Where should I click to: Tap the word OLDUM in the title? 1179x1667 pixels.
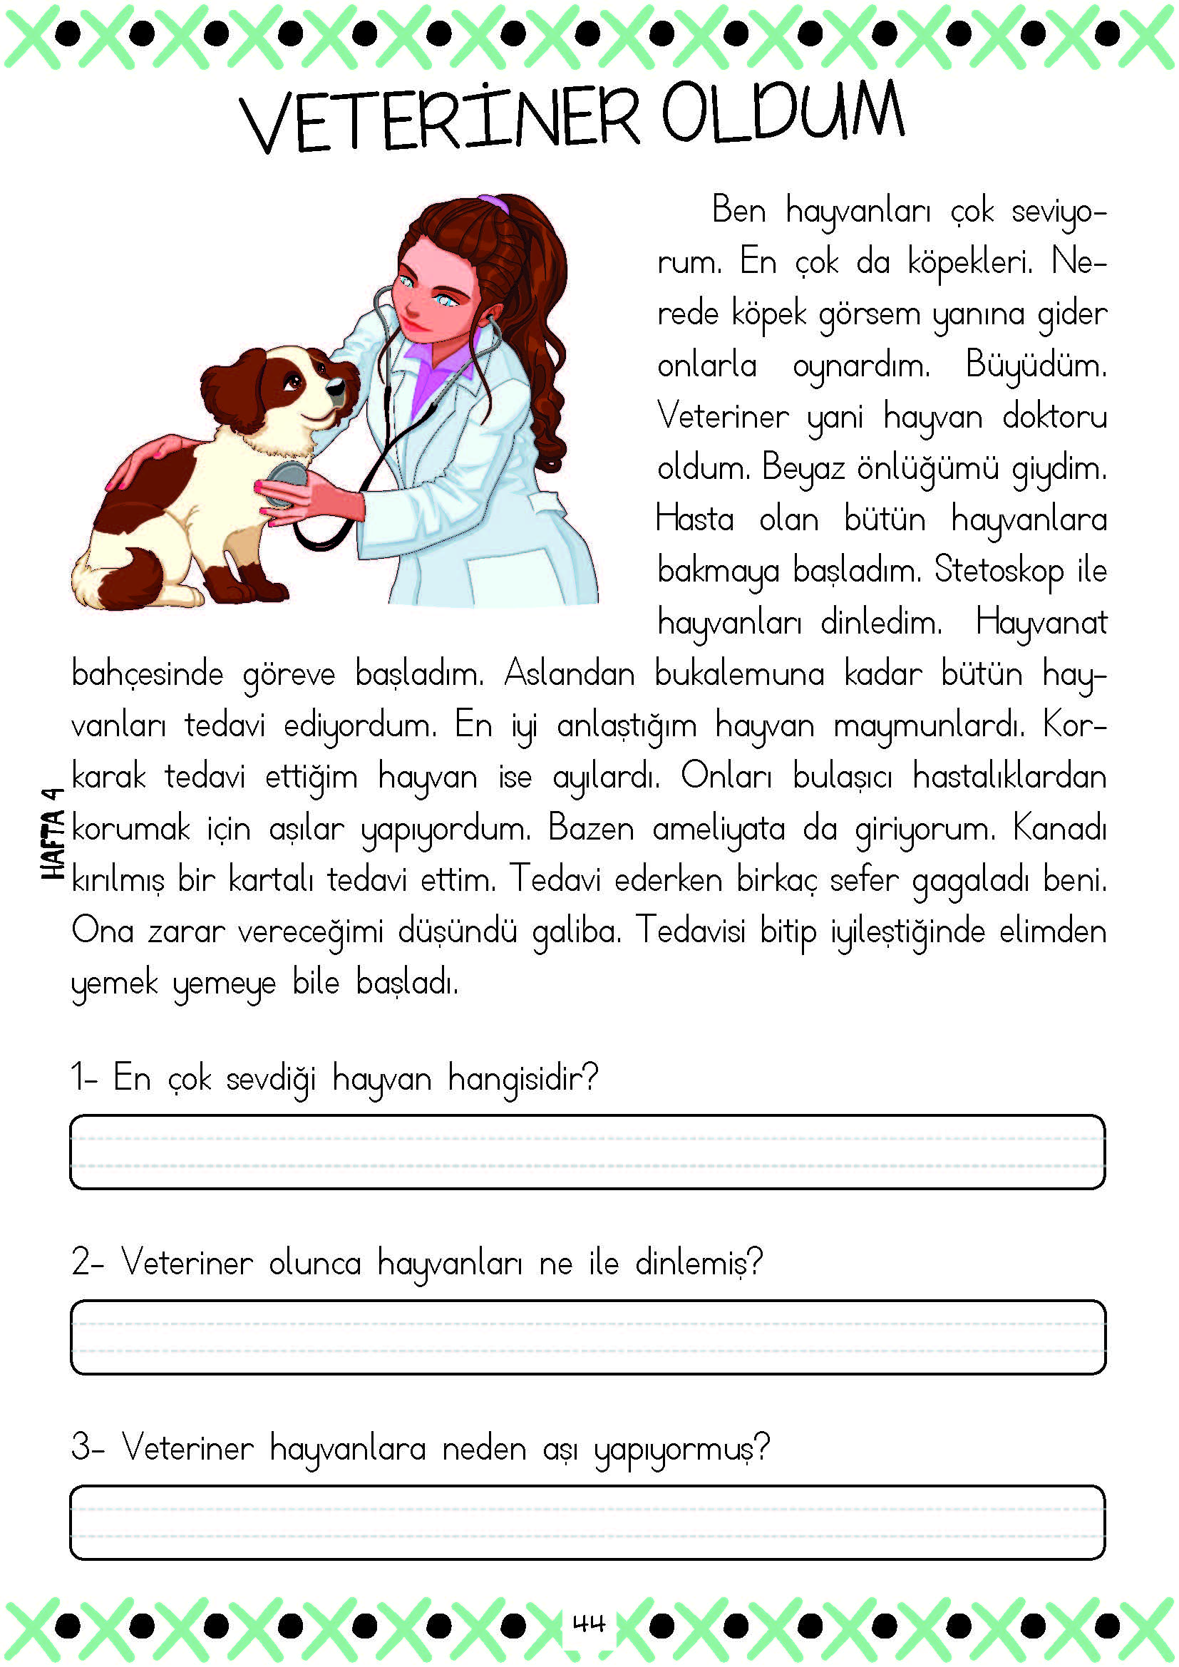point(783,115)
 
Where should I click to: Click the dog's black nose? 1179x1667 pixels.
point(336,386)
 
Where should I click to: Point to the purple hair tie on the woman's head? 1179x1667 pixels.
point(494,202)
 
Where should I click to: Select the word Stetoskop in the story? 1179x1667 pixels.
point(998,570)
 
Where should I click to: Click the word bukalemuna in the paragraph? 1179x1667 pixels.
point(739,673)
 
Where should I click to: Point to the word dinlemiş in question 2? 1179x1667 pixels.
point(699,1264)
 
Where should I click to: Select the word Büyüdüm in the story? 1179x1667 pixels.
point(1035,365)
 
